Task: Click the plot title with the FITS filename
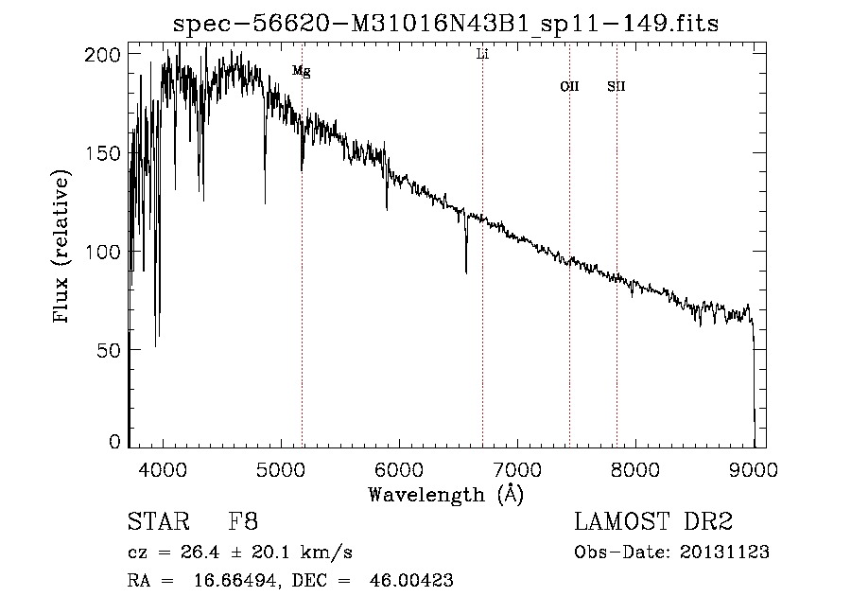[446, 24]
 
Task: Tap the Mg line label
[302, 71]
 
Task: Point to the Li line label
[482, 55]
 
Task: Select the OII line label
[569, 87]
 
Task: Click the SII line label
[617, 87]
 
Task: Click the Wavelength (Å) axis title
[445, 494]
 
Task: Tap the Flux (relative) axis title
[63, 248]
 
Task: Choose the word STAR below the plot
[157, 522]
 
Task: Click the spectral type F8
[243, 522]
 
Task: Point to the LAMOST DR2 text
[653, 522]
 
